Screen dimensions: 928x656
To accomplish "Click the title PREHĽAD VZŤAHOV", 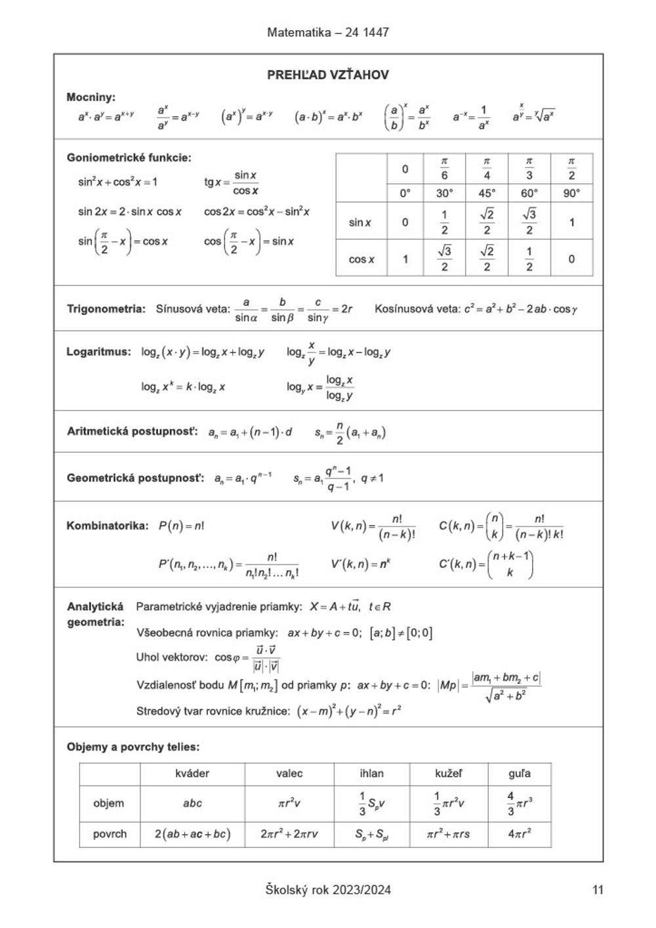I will (327, 75).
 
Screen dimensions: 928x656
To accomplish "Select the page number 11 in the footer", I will (597, 890).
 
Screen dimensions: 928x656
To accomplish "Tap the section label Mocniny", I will (91, 97).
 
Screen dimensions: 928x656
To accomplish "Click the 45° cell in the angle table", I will (486, 193).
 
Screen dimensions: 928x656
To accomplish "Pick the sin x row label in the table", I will (359, 222).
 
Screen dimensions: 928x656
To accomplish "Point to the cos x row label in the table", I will (361, 259).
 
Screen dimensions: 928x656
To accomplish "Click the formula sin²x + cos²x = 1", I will (117, 182).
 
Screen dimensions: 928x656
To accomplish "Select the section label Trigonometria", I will (106, 308).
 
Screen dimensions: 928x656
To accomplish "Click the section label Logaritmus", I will (98, 352).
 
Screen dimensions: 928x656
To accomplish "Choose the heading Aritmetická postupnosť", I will (132, 431).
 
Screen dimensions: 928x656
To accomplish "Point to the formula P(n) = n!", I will (181, 526).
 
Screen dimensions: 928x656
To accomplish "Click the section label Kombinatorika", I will (108, 526).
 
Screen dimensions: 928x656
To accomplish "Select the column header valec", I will (289, 773).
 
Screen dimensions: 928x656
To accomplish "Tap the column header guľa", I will (519, 773).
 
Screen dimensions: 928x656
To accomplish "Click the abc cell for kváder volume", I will (192, 803).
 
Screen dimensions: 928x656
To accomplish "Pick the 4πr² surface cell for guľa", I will (520, 834).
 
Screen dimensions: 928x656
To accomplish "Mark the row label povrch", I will (110, 834).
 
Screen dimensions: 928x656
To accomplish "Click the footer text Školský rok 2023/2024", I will (328, 890).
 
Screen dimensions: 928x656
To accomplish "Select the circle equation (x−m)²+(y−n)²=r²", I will (349, 711).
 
